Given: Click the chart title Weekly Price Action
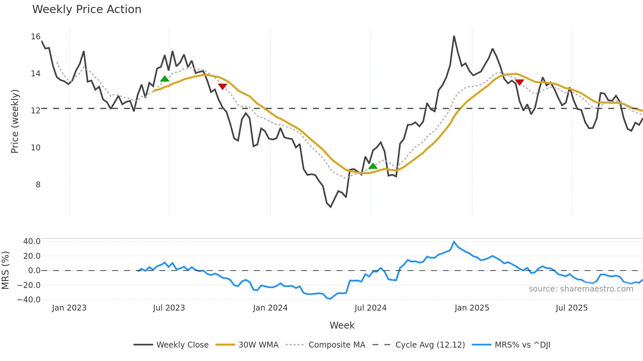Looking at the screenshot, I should pyautogui.click(x=87, y=9).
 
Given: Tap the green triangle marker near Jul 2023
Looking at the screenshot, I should pyautogui.click(x=165, y=79).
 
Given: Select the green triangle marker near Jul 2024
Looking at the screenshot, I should pyautogui.click(x=373, y=166).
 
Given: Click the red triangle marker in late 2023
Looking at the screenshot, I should pyautogui.click(x=222, y=86).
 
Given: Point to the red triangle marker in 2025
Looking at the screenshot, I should pyautogui.click(x=519, y=82).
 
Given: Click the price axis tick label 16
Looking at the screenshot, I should pyautogui.click(x=35, y=37).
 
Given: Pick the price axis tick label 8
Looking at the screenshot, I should pyautogui.click(x=38, y=185).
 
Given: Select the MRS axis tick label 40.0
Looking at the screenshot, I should pyautogui.click(x=31, y=241).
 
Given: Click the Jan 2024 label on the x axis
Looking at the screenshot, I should pyautogui.click(x=270, y=308).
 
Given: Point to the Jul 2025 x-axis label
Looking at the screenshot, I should pyautogui.click(x=571, y=308).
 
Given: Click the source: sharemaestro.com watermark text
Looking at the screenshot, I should pyautogui.click(x=581, y=289).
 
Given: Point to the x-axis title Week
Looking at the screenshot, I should pyautogui.click(x=342, y=325).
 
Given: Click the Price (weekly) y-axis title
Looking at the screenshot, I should pyautogui.click(x=15, y=121).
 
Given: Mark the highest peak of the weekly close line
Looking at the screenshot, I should pyautogui.click(x=454, y=36).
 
